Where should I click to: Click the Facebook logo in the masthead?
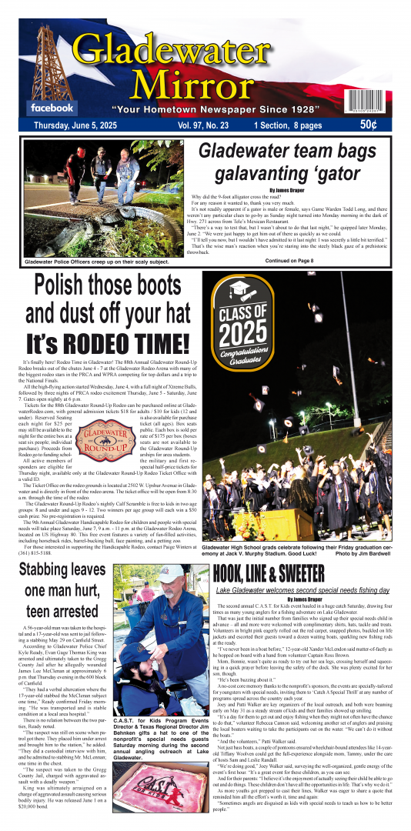coord(52,108)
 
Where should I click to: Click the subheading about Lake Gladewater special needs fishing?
coord(301,589)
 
